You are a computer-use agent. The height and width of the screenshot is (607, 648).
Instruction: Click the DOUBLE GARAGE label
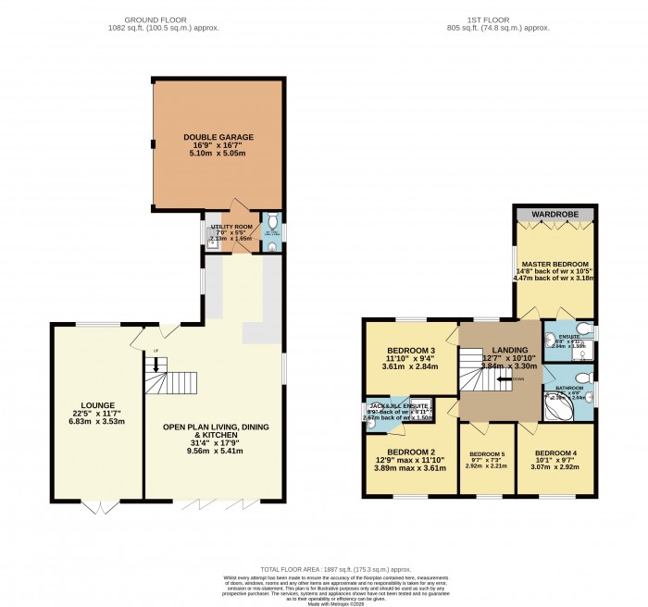tap(218, 137)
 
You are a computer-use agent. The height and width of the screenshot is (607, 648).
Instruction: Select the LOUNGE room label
tap(97, 405)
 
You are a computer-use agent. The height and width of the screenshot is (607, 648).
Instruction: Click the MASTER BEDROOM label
tap(555, 263)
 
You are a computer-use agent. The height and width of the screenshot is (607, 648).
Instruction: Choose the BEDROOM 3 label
tap(410, 351)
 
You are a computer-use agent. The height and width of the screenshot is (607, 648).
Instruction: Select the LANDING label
tap(509, 349)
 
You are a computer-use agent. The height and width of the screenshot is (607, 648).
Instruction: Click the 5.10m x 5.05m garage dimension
tap(218, 155)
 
